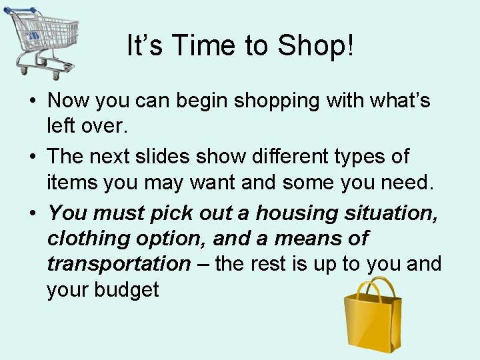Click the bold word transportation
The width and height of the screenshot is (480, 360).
(119, 264)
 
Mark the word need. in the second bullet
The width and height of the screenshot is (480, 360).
(409, 182)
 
